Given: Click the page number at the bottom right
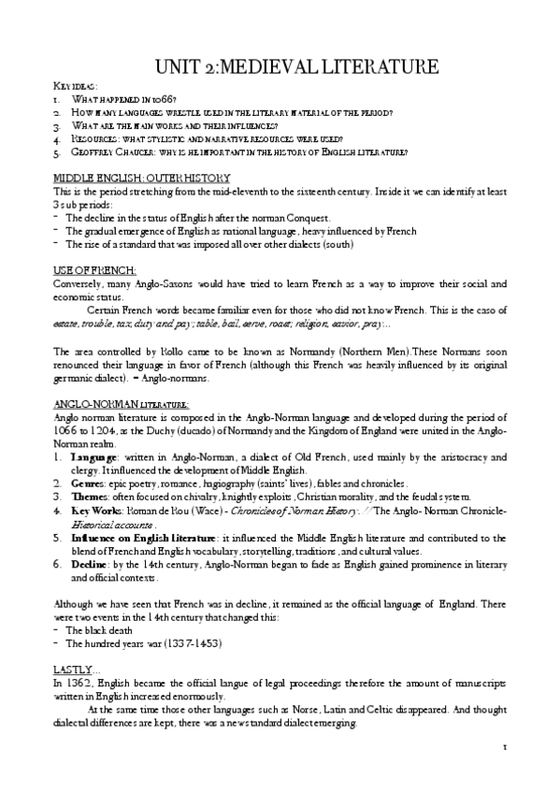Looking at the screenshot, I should pyautogui.click(x=503, y=772).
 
